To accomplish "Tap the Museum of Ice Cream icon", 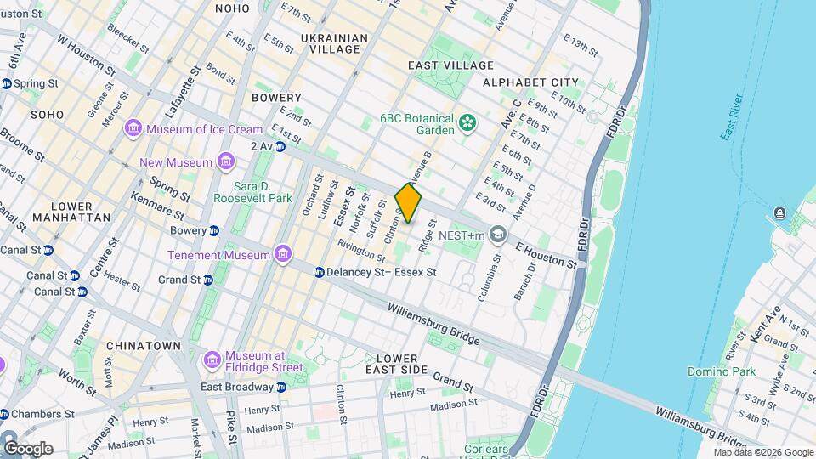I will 133,128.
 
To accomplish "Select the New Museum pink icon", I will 225,161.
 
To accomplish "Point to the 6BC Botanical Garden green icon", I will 467,124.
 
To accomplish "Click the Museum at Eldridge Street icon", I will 212,360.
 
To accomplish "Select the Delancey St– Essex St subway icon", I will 319,272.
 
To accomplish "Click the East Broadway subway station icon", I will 281,387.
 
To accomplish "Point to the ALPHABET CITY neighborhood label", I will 530,82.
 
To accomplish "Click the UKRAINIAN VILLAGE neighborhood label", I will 335,44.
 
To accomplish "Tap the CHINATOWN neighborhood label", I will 144,346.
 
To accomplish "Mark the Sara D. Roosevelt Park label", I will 263,192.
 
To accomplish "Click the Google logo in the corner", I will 29,448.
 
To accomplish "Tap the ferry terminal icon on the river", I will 779,212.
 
